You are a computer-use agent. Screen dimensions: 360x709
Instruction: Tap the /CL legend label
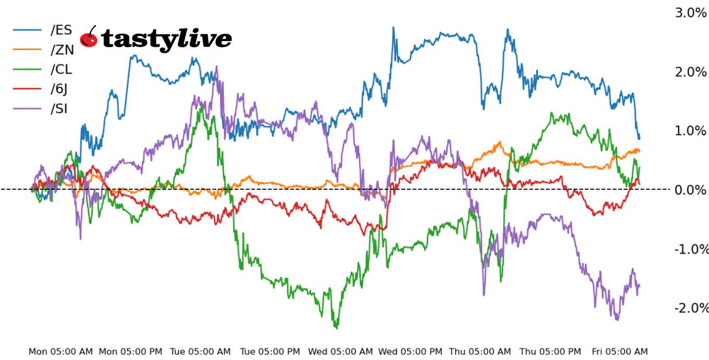point(61,69)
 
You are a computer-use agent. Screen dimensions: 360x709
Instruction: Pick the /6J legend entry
point(59,89)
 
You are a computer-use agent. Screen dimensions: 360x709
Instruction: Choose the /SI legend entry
point(59,109)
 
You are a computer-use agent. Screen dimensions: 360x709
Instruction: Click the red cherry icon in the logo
point(89,38)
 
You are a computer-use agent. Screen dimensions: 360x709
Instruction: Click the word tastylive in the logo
point(166,39)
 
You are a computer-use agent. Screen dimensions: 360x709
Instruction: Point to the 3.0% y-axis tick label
point(690,13)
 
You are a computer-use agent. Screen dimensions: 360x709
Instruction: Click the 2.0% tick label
point(690,71)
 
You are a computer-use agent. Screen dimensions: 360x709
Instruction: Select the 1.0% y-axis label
point(690,130)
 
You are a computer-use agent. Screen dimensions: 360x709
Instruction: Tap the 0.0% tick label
point(690,189)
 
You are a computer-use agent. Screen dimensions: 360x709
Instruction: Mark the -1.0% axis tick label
point(690,249)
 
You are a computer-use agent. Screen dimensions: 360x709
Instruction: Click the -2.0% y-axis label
point(690,308)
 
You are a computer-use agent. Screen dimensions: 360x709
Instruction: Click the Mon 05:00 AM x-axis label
point(61,352)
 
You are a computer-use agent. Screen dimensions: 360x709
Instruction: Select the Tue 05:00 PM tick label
point(270,352)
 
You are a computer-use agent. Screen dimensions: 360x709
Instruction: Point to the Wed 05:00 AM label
point(340,352)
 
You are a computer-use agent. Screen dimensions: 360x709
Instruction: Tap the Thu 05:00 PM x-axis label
point(550,352)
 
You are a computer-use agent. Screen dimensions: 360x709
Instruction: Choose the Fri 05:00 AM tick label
point(619,352)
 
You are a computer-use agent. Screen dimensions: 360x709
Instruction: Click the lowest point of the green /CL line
point(336,328)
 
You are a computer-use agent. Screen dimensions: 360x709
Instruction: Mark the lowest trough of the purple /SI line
point(617,320)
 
